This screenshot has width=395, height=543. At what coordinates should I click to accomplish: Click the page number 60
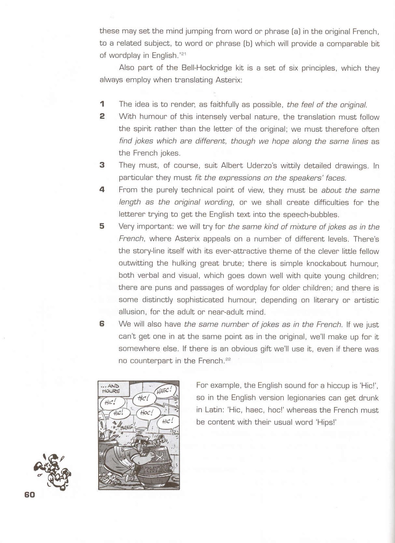29,494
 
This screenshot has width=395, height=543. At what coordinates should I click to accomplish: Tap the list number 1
102,104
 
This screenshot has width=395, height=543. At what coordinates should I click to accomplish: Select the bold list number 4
102,190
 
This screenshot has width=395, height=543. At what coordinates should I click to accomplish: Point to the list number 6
102,324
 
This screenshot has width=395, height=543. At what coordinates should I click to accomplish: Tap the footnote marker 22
228,359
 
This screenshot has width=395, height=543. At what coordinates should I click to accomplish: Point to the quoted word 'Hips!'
324,422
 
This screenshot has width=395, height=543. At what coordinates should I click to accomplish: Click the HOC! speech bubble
147,413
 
